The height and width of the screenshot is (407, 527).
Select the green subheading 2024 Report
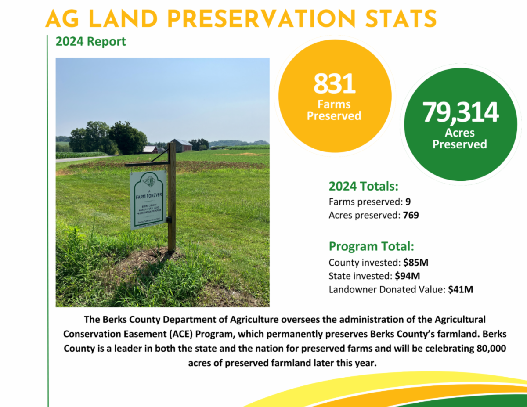[90, 42]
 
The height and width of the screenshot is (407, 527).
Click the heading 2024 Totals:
[364, 186]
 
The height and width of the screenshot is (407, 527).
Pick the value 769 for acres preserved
[411, 215]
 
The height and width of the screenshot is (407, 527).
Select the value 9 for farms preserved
[408, 202]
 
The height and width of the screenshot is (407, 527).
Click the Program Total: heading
[372, 246]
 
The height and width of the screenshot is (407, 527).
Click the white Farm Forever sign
[148, 200]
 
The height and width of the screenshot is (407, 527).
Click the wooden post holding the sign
[172, 198]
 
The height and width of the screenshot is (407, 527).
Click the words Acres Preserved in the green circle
[460, 138]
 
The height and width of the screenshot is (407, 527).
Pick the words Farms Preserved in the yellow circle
[334, 110]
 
